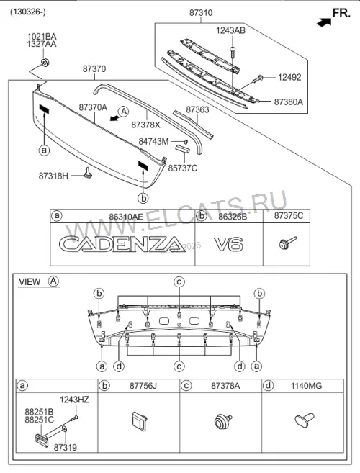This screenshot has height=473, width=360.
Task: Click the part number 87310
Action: [x=201, y=13]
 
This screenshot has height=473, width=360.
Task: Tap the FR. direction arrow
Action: [x=324, y=22]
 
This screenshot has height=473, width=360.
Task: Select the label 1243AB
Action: [x=230, y=30]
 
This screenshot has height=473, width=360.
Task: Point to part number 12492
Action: [x=289, y=77]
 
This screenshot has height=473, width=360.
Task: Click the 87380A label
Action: [x=289, y=102]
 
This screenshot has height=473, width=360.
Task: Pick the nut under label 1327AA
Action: [x=45, y=63]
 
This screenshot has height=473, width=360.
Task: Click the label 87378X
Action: [x=145, y=125]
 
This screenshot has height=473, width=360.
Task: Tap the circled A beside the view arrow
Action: [x=124, y=112]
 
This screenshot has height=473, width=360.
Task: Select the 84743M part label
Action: [x=153, y=141]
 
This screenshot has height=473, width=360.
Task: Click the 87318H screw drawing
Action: [x=89, y=173]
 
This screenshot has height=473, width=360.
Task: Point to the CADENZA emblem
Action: [x=122, y=244]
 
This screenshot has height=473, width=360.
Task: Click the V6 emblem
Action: [x=229, y=244]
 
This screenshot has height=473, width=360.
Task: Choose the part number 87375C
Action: [x=289, y=216]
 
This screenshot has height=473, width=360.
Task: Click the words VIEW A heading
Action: [x=39, y=281]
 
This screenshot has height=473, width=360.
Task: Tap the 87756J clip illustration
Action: [x=140, y=421]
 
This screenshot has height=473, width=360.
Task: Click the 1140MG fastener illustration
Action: [x=304, y=420]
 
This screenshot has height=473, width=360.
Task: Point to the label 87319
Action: [x=66, y=448]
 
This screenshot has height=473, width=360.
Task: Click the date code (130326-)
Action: [x=28, y=12]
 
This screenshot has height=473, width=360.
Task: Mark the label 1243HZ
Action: [x=74, y=400]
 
